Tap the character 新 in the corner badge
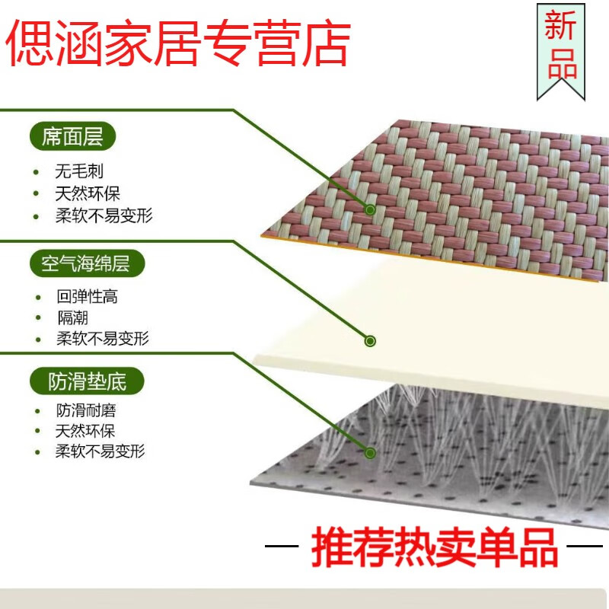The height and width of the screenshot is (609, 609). [x=561, y=28]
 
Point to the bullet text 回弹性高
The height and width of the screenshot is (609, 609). [x=88, y=296]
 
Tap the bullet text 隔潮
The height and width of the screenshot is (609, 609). [x=72, y=317]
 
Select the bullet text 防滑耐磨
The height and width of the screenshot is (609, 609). [x=86, y=411]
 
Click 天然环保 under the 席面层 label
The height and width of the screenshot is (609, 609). [x=88, y=193]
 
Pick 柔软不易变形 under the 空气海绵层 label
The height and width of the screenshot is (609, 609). [x=103, y=339]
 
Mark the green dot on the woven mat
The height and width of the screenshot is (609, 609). [x=370, y=209]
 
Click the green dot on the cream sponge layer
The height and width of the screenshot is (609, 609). [x=370, y=341]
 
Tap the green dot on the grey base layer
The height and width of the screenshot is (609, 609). [x=370, y=453]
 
